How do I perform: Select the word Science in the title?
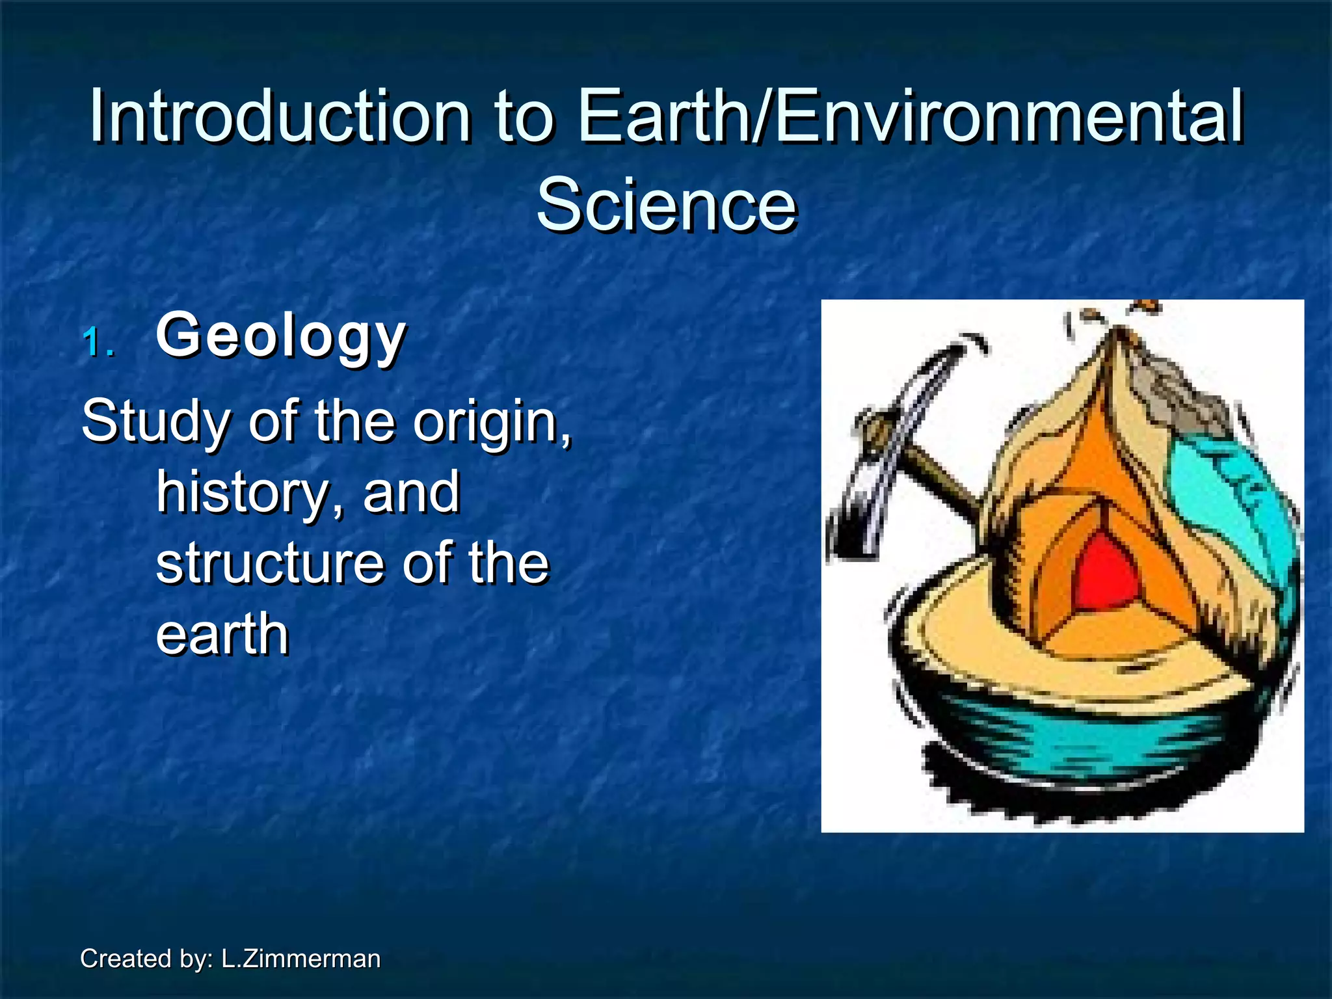pyautogui.click(x=666, y=206)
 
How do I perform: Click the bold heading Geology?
pyautogui.click(x=281, y=336)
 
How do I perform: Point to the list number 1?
pyautogui.click(x=99, y=343)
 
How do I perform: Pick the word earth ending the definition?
pyautogui.click(x=222, y=634)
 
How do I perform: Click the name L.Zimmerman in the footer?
pyautogui.click(x=300, y=959)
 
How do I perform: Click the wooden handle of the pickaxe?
pyautogui.click(x=943, y=481)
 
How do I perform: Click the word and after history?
pyautogui.click(x=411, y=492)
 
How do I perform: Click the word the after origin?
pyautogui.click(x=355, y=421)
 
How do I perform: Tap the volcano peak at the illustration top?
pyautogui.click(x=1119, y=332)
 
